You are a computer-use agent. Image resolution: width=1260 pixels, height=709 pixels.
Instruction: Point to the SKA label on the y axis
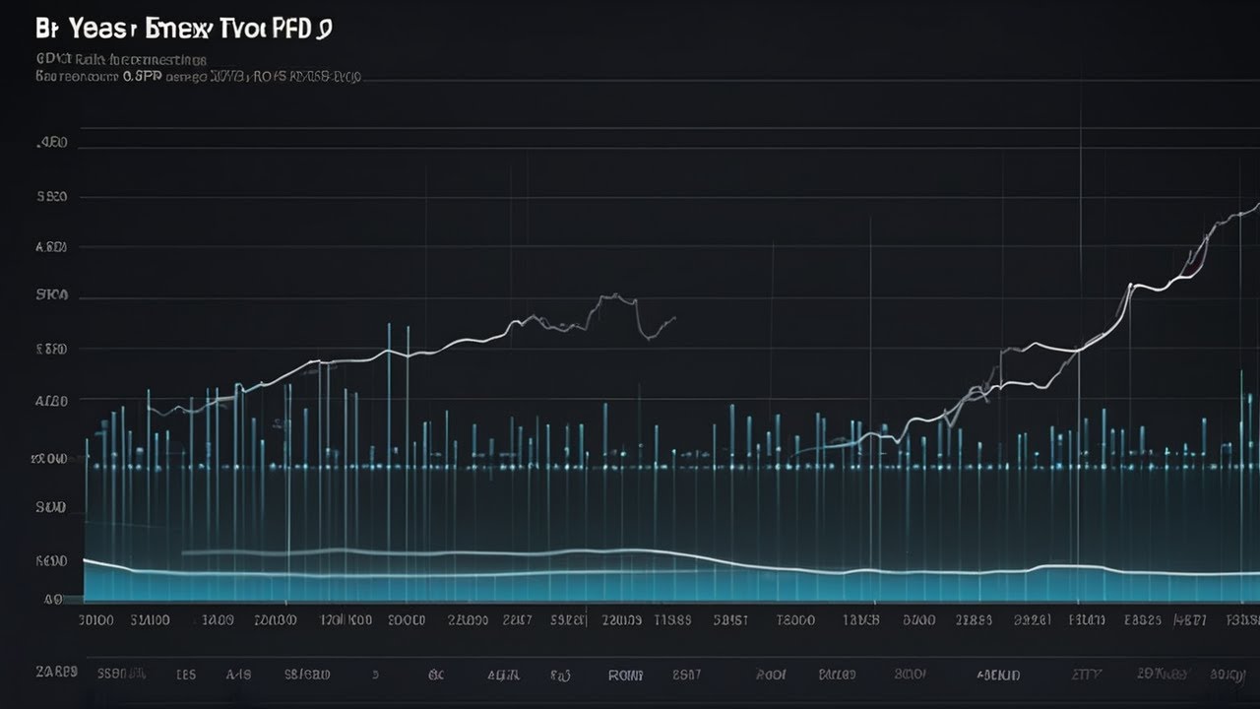(51, 294)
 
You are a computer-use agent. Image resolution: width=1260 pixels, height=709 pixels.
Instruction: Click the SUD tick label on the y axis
(50, 508)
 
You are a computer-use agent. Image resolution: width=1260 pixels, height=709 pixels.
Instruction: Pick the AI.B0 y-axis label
(51, 401)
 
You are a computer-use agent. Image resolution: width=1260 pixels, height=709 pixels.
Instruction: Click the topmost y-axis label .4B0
(52, 144)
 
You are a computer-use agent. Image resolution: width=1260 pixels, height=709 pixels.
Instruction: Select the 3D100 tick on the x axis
(95, 620)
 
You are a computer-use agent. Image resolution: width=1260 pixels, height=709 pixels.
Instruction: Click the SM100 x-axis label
(150, 620)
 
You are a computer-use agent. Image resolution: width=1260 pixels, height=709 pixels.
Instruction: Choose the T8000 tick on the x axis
(795, 620)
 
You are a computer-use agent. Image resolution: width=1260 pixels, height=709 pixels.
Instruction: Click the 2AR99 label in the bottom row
(56, 673)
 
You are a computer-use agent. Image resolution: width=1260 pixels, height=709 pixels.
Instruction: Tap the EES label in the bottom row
(185, 676)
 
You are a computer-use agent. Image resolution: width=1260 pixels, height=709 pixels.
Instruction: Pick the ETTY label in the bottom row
(1086, 676)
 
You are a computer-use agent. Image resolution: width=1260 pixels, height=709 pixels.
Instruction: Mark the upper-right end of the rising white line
(1256, 204)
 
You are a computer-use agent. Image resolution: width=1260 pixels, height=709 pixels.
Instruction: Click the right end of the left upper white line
(675, 317)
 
